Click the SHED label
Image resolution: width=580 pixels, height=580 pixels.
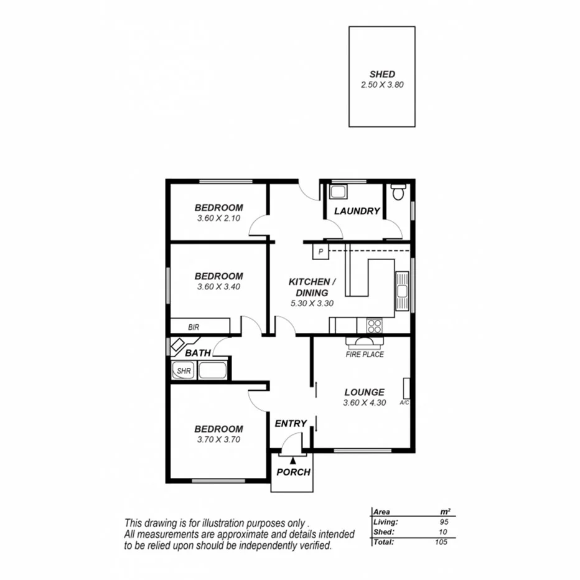click(x=382, y=74)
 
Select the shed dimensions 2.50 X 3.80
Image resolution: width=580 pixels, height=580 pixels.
click(x=382, y=85)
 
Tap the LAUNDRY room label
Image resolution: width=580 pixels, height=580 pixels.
click(x=357, y=211)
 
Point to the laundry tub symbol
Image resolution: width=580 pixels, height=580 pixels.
click(x=338, y=191)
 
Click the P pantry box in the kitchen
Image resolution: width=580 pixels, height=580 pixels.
click(x=320, y=251)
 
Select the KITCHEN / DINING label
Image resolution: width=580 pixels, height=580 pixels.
click(x=312, y=287)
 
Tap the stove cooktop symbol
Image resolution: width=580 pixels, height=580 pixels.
click(x=375, y=325)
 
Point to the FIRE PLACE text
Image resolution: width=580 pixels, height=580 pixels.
click(x=365, y=355)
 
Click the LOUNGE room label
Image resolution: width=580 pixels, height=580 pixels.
click(x=365, y=392)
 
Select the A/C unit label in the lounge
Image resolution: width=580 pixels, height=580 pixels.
click(x=404, y=403)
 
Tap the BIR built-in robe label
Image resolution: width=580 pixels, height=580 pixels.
click(x=194, y=326)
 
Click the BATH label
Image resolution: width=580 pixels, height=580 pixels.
click(x=198, y=353)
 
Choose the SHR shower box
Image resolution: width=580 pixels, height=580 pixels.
click(x=184, y=372)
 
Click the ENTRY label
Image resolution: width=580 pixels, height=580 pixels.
click(x=291, y=423)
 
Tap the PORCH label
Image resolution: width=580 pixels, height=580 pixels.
click(x=293, y=472)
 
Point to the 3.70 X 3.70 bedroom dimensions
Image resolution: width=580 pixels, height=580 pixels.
click(x=218, y=439)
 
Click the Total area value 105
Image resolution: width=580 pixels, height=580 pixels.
click(x=441, y=541)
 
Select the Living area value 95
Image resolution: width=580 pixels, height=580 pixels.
click(x=443, y=523)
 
